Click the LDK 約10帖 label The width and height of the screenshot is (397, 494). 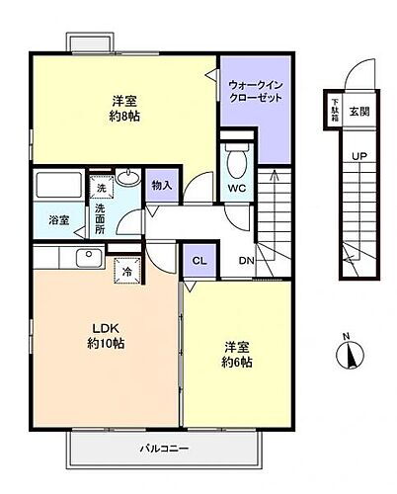pyautogui.click(x=106, y=335)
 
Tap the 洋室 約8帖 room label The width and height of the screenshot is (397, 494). pyautogui.click(x=123, y=107)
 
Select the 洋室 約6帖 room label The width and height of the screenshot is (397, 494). pyautogui.click(x=236, y=355)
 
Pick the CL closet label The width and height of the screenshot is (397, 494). pyautogui.click(x=198, y=261)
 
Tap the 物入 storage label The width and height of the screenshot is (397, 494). pyautogui.click(x=161, y=185)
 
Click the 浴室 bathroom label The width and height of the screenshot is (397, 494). pyautogui.click(x=58, y=220)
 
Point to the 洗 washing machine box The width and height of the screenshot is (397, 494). pyautogui.click(x=100, y=186)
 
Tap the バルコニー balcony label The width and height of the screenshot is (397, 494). pyautogui.click(x=157, y=449)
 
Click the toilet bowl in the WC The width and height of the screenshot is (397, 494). pyautogui.click(x=236, y=158)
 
